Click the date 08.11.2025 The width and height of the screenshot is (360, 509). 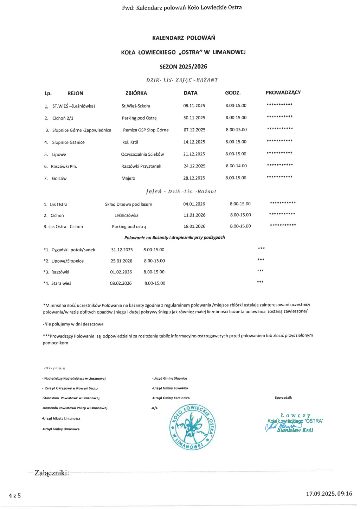coord(194,106)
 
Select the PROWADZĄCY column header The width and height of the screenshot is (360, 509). coord(283,93)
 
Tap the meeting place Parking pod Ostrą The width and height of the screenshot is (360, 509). coord(139,118)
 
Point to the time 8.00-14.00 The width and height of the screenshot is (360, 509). coord(236,166)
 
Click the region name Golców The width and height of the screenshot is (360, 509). coord(59,179)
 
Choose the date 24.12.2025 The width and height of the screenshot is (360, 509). coord(194,166)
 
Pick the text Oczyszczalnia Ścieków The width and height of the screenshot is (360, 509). coord(142,154)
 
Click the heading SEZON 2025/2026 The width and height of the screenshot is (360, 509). coord(183,67)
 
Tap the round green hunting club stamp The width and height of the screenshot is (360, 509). coord(192,427)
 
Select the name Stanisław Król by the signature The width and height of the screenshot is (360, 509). coord(295,430)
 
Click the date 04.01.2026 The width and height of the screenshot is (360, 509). coord(194,204)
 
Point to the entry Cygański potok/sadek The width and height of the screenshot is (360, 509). coord(73,250)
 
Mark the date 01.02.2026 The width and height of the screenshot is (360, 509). coord(121,272)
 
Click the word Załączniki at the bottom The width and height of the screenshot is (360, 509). coord(52,473)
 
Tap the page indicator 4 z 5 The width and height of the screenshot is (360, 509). coord(15,496)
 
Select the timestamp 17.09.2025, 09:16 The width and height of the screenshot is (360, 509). coord(329,494)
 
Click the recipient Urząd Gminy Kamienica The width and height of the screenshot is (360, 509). coord(171,398)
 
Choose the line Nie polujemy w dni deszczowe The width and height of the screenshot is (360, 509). coord(73,324)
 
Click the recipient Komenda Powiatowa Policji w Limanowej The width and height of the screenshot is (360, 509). coord(75,408)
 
